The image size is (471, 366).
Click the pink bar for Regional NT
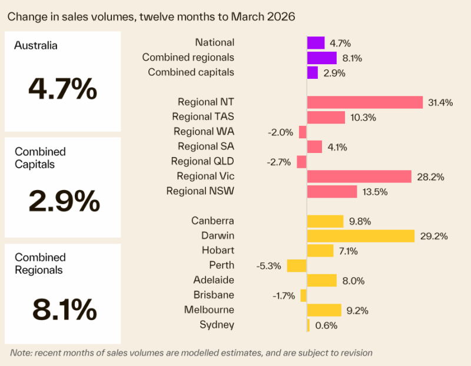tap(364, 102)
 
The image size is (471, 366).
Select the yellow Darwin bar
tap(360, 236)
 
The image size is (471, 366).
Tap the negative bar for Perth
tap(297, 265)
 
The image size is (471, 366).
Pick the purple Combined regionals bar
tap(321, 58)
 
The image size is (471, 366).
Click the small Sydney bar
tap(308, 325)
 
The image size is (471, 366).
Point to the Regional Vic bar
tap(359, 177)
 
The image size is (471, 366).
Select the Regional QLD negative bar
tap(302, 162)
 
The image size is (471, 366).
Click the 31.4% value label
tap(440, 102)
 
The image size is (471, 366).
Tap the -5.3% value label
tap(268, 265)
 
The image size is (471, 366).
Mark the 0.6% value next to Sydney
tap(326, 325)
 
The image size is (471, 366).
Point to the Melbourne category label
tap(208, 310)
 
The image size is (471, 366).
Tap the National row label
tap(214, 42)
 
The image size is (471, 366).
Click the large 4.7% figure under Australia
tap(62, 90)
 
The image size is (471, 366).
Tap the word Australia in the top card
tap(36, 45)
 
